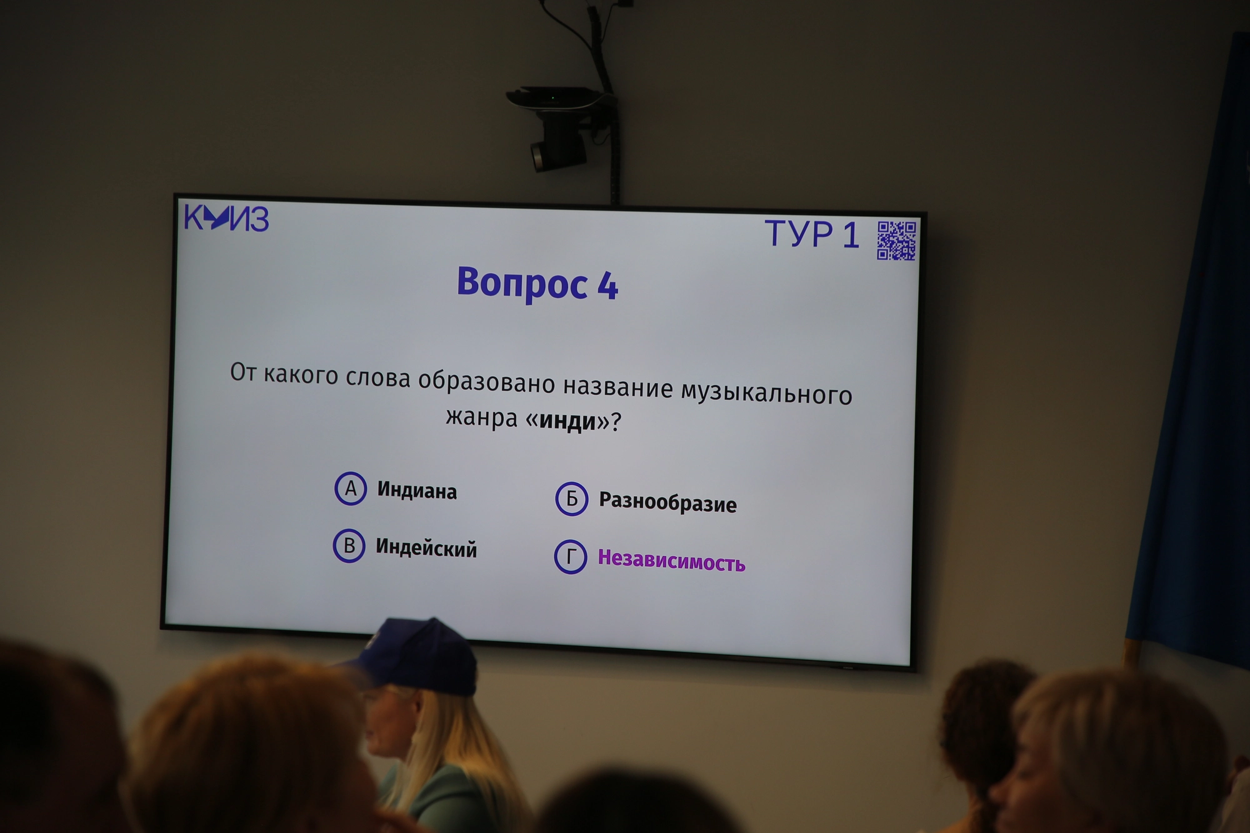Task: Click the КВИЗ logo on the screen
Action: (226, 218)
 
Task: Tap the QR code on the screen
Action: (896, 240)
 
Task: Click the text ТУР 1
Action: (812, 234)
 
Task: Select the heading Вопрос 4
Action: (537, 284)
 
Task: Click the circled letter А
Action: (351, 488)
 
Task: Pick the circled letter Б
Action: (571, 499)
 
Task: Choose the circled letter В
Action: (349, 546)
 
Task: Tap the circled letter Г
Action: (570, 557)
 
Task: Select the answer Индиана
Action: (417, 491)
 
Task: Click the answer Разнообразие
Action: (667, 502)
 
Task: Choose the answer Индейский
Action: (426, 548)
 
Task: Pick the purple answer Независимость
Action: (671, 561)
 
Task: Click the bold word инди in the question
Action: (567, 421)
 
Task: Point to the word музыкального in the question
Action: (766, 393)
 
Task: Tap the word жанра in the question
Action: (482, 417)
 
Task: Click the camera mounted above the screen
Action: (558, 128)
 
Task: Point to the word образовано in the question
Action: (486, 381)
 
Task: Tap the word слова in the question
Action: (378, 377)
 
